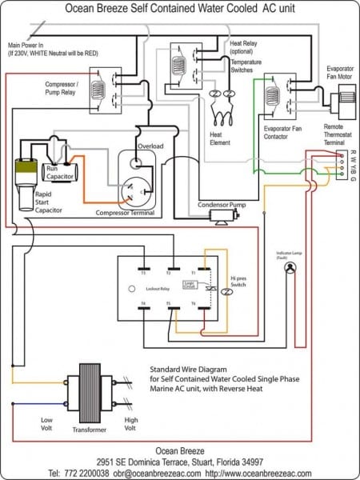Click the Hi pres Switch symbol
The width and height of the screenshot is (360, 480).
pyautogui.click(x=226, y=294)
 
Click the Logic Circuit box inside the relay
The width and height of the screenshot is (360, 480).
pyautogui.click(x=190, y=284)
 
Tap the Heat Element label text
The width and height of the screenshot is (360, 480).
pyautogui.click(x=220, y=138)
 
